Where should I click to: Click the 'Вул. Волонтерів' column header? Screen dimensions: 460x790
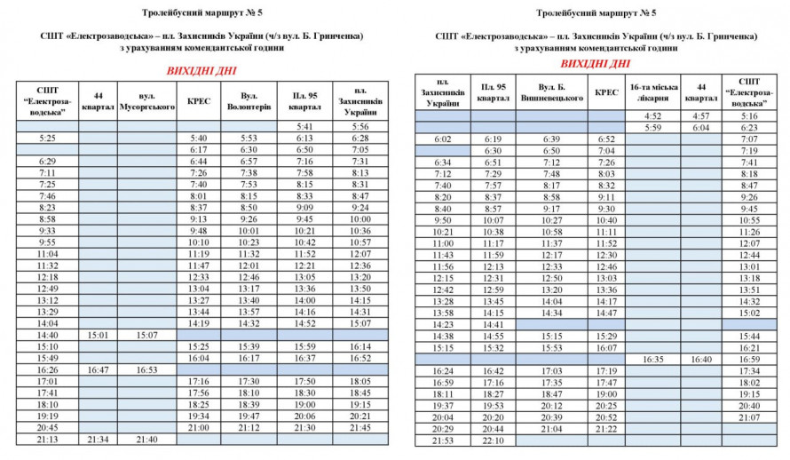pos(243,100)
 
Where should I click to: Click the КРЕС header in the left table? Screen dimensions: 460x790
pos(199,100)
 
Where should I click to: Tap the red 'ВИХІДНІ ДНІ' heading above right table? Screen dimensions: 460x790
pos(596,64)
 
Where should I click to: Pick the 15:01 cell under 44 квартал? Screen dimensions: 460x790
pos(97,335)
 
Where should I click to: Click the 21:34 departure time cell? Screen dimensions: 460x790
pos(97,439)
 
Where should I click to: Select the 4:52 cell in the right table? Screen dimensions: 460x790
pos(653,116)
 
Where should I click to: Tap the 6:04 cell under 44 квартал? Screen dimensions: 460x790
pos(701,128)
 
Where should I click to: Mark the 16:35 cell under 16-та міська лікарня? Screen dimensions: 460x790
pos(653,360)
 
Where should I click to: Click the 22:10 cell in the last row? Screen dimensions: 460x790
pos(494,440)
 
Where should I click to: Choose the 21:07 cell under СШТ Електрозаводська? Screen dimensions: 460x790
pos(749,417)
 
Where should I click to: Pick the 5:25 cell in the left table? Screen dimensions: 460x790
pos(48,138)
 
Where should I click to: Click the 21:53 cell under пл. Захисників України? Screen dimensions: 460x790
pos(443,440)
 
